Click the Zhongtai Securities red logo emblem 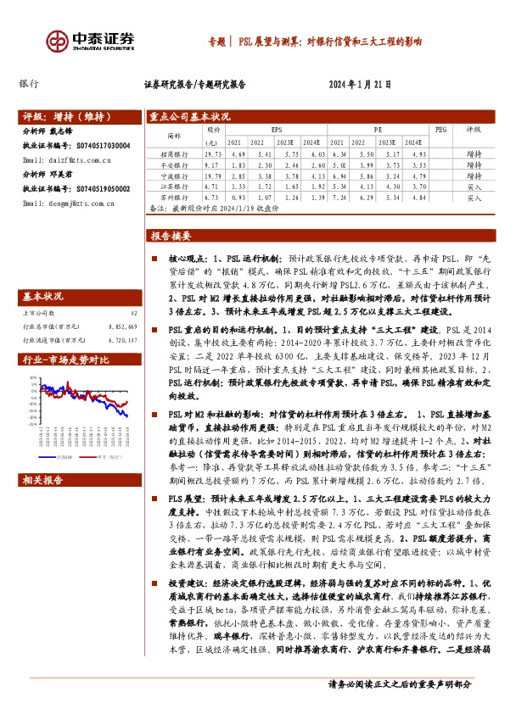[x=57, y=40]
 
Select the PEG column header [x=439, y=130]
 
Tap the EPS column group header [x=276, y=130]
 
